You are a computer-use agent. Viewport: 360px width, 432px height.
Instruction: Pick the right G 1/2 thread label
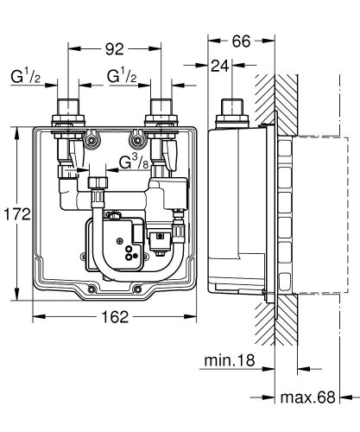coord(123,78)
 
